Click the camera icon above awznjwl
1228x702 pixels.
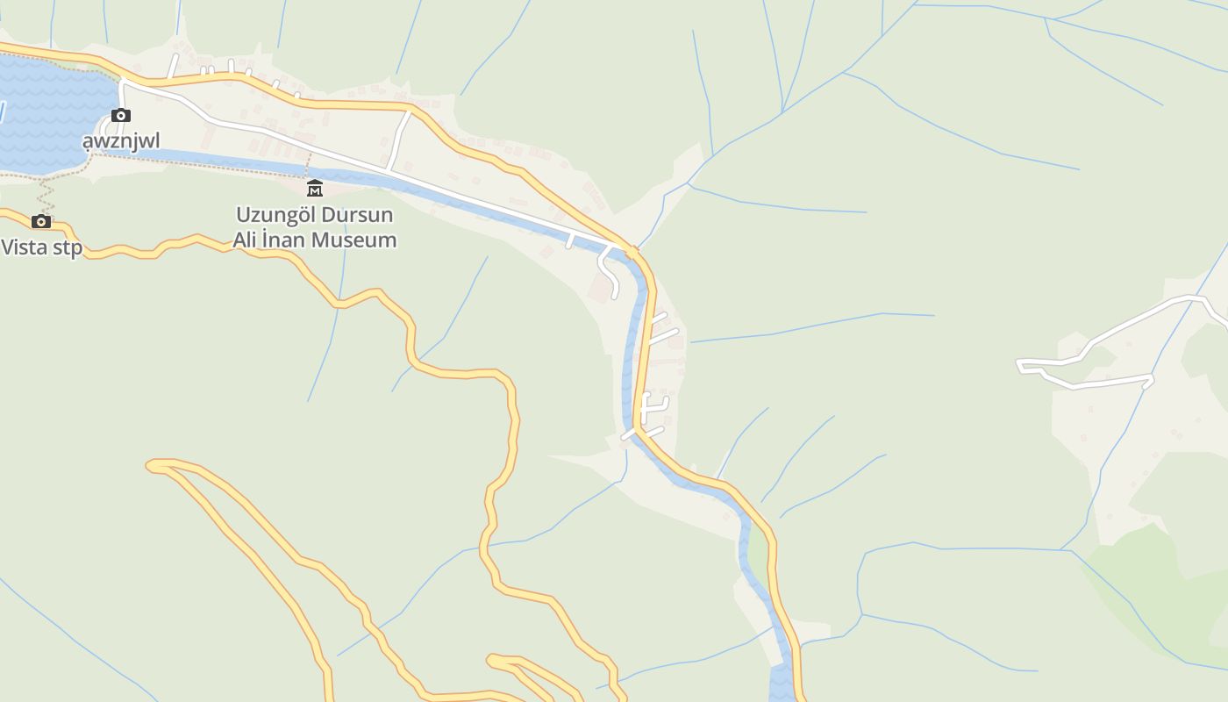point(121,115)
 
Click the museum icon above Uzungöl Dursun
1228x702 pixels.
point(314,188)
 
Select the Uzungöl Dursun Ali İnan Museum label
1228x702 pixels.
point(314,227)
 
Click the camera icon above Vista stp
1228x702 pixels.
point(41,221)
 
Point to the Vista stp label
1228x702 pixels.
point(41,247)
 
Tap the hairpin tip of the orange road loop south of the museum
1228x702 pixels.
point(153,465)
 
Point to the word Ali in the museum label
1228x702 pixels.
point(247,240)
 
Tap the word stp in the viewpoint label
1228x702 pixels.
point(68,247)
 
